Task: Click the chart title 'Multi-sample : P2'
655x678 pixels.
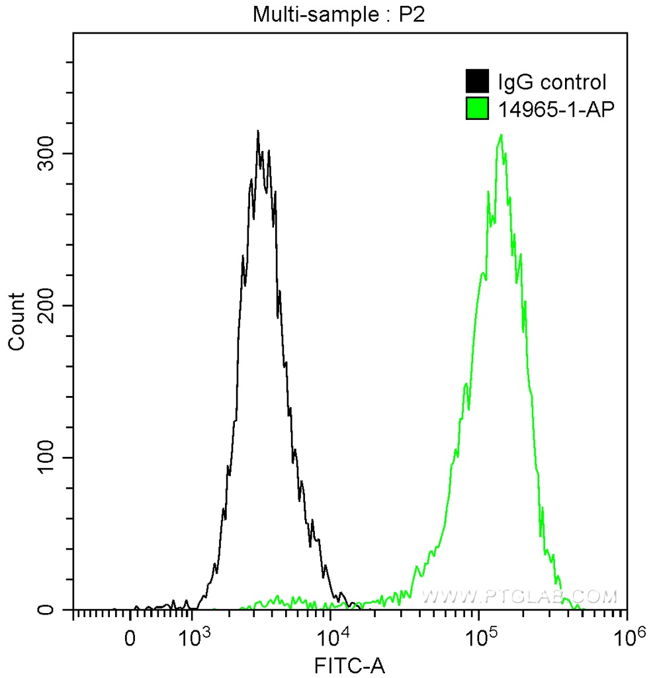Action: [337, 15]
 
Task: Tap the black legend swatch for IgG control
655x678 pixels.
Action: [477, 82]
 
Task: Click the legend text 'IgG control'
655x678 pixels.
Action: [552, 82]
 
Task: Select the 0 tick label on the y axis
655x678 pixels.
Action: [54, 609]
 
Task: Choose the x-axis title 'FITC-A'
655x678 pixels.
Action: [350, 663]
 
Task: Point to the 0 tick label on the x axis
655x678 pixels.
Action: [130, 639]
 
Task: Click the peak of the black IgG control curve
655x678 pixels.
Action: [258, 131]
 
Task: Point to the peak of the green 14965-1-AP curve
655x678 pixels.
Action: [502, 135]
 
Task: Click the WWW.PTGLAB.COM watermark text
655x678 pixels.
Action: [519, 597]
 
